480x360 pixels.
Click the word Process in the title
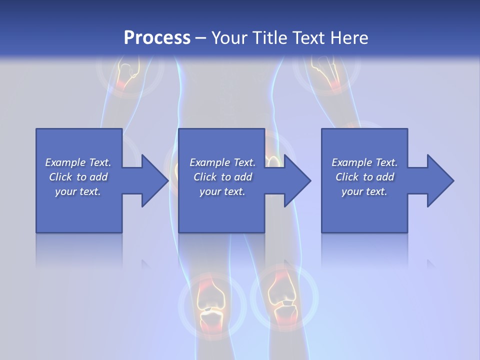click(x=157, y=37)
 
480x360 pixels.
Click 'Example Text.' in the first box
click(x=78, y=162)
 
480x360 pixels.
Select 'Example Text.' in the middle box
click(x=222, y=162)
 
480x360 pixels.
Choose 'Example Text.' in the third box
click(x=364, y=162)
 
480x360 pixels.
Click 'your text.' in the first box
click(x=78, y=191)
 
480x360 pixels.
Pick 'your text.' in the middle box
click(x=222, y=191)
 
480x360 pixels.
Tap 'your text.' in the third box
click(x=364, y=191)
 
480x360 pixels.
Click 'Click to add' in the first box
click(x=78, y=177)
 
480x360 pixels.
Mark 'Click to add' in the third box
click(x=364, y=177)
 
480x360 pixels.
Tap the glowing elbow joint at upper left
click(x=128, y=75)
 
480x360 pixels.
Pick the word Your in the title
click(x=230, y=37)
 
